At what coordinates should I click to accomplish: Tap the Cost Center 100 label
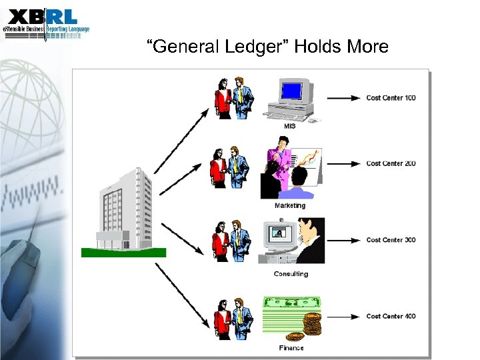click(391, 98)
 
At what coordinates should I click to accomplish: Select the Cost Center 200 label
click(391, 163)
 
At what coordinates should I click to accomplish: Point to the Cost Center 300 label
click(391, 240)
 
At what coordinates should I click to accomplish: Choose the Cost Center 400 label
click(391, 316)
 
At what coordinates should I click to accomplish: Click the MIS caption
click(291, 127)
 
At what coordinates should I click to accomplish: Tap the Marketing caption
click(290, 205)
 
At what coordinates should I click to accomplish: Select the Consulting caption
click(291, 274)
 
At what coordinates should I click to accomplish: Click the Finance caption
click(291, 348)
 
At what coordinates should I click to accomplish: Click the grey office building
click(124, 207)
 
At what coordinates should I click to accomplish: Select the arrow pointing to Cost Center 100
click(346, 98)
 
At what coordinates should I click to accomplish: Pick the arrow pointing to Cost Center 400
click(346, 316)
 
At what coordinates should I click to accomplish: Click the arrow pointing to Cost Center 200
click(346, 163)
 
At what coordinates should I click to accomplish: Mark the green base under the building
click(123, 252)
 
